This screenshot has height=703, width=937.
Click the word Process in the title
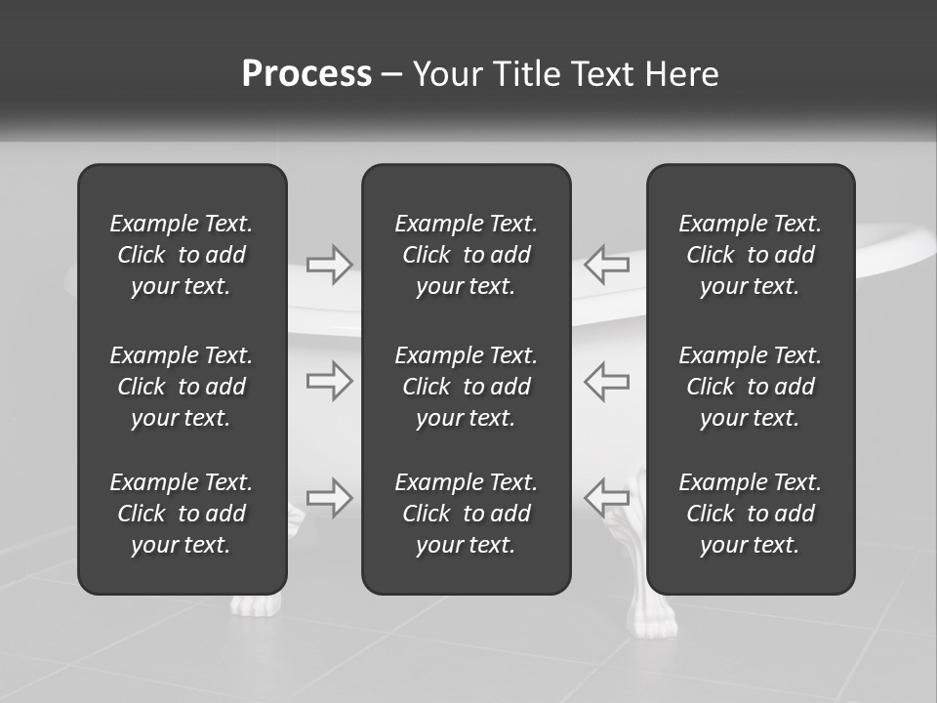[306, 74]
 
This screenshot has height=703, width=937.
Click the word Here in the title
[681, 74]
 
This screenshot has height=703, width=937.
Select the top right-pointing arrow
[329, 265]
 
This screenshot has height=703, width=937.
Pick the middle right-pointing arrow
[329, 381]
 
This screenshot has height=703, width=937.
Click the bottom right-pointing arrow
[329, 497]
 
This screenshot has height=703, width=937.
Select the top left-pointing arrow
[606, 265]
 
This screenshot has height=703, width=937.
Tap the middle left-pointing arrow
[606, 381]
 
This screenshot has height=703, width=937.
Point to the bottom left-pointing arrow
[606, 497]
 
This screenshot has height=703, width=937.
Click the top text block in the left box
[182, 255]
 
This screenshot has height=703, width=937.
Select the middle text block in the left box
[182, 387]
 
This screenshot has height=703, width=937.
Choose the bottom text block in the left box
[182, 514]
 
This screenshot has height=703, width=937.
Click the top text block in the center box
[466, 255]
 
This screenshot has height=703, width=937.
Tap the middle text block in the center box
[466, 387]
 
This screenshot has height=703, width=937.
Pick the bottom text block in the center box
[466, 514]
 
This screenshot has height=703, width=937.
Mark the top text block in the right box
[750, 255]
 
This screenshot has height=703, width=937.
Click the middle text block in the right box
[750, 387]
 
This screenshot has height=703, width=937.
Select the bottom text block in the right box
[750, 514]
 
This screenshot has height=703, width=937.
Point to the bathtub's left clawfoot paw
[254, 605]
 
